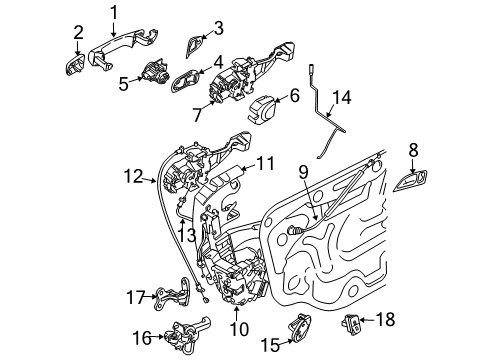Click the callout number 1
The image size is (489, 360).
[x=114, y=13]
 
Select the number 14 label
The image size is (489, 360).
[x=342, y=97]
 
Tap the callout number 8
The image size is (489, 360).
[x=413, y=150]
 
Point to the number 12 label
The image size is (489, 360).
[x=133, y=176]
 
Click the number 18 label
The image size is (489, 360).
[x=386, y=319]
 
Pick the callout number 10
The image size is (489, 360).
[x=239, y=329]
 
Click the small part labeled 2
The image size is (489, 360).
[x=75, y=66]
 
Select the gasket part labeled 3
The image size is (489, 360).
[x=194, y=46]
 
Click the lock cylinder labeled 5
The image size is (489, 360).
[x=155, y=72]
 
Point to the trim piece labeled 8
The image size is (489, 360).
[x=411, y=181]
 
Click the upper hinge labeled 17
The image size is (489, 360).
[x=173, y=294]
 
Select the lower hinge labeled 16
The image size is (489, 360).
[x=187, y=337]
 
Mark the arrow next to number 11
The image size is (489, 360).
[x=248, y=167]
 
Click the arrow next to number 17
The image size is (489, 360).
[x=151, y=296]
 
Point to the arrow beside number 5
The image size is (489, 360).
[x=136, y=79]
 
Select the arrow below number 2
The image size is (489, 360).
[x=78, y=48]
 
